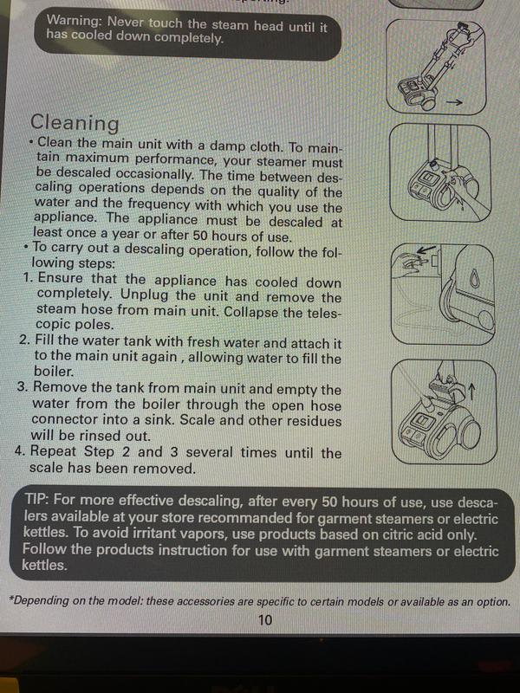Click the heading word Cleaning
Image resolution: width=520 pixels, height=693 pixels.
point(75,123)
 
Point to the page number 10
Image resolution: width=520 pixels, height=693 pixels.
point(265,619)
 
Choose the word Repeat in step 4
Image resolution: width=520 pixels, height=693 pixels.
point(58,453)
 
